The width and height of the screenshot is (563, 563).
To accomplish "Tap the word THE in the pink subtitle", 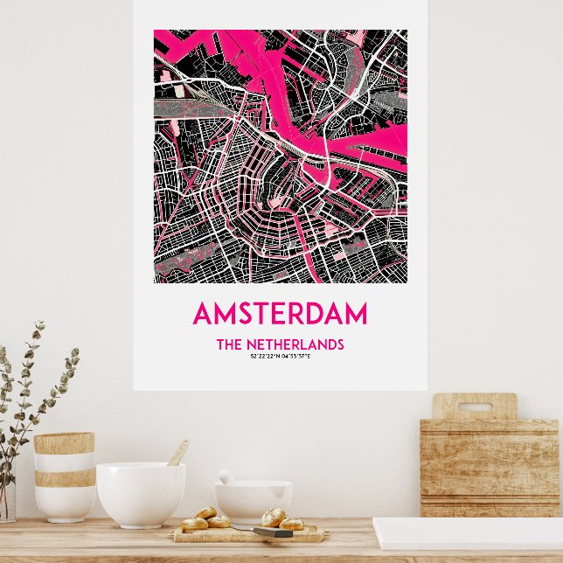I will [228, 344].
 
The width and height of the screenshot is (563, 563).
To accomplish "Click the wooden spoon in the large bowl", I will [177, 453].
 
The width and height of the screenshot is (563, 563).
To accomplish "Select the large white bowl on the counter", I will [140, 494].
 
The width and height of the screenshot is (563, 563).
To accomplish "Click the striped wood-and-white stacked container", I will [64, 477].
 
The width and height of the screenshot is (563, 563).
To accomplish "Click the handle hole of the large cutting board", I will [475, 407].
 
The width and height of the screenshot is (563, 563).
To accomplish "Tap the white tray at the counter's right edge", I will [468, 533].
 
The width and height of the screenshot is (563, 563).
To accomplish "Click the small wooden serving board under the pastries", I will [245, 534].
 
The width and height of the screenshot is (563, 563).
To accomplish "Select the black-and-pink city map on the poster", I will [280, 156].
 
